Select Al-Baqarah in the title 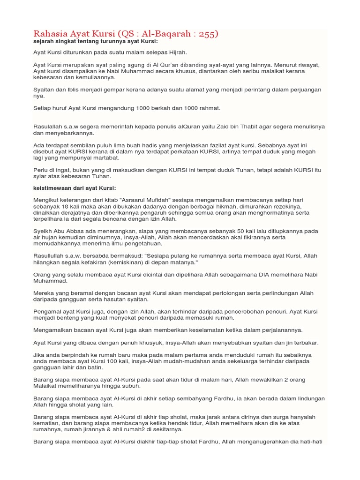tap(167, 34)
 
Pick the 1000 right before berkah tap(144, 108)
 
